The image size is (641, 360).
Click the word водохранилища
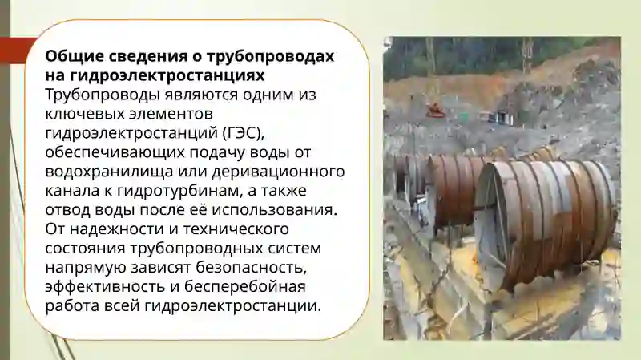pyautogui.click(x=104, y=172)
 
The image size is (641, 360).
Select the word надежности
pyautogui.click(x=109, y=229)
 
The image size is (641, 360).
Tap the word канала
pyautogui.click(x=71, y=191)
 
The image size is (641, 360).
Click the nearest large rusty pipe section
pyautogui.click(x=553, y=216)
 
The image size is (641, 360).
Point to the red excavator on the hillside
pyautogui.click(x=435, y=110)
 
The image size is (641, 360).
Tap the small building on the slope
pyautogui.click(x=502, y=117)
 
